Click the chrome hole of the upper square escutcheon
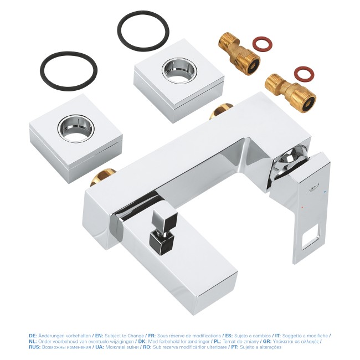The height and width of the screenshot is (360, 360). pyautogui.click(x=177, y=69)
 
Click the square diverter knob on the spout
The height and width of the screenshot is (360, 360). pyautogui.click(x=161, y=235)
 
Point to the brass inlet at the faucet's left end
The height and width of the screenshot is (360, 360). pyautogui.click(x=105, y=178)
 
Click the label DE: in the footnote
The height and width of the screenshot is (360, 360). pyautogui.click(x=33, y=336)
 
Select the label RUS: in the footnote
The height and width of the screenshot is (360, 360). pyautogui.click(x=35, y=347)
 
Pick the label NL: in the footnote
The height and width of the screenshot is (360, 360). pyautogui.click(x=33, y=341)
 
